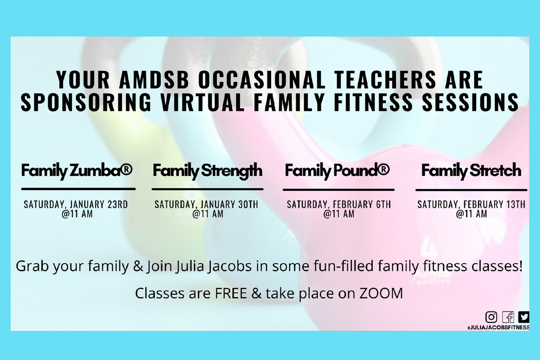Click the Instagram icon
pos(491,317)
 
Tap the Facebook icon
pos(508,317)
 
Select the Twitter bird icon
pos(524,317)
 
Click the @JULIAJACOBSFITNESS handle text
pos(498,328)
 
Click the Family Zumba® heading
pos(77,171)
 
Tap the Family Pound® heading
pos(337,171)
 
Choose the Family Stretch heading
pos(471,171)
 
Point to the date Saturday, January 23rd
pos(76,204)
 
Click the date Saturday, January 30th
pos(207,204)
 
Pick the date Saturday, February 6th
pos(339,204)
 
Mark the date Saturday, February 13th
pos(471,204)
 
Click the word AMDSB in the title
pos(154,80)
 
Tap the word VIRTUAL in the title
pos(202,102)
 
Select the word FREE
pos(231,293)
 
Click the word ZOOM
pos(381,293)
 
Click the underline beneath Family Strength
pos(207,189)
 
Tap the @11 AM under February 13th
pos(471,214)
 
